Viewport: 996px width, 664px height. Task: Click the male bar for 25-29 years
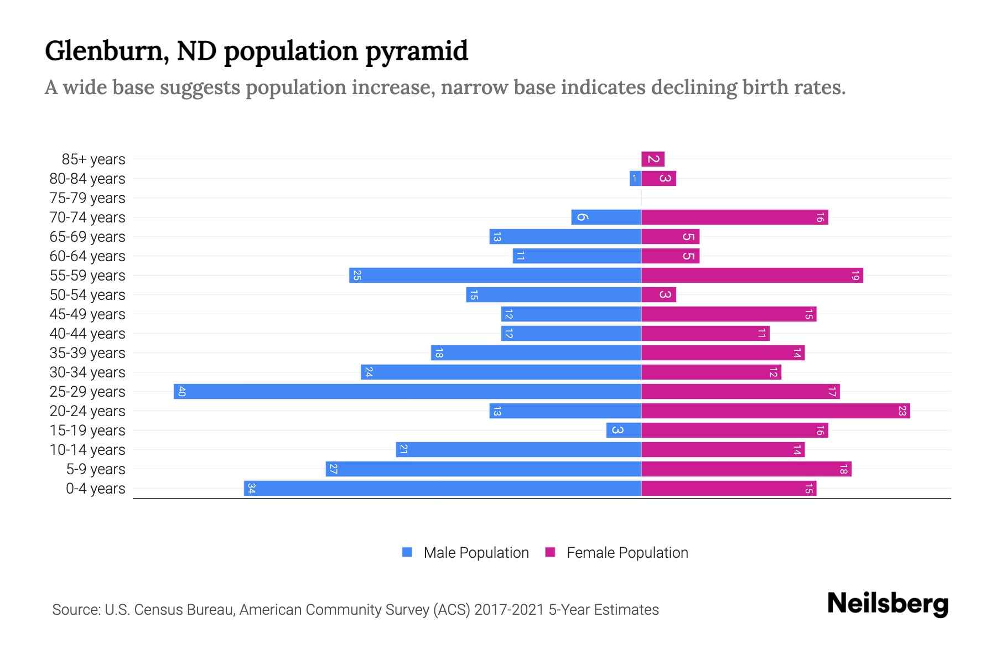[x=407, y=392]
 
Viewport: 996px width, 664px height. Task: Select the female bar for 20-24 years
[x=775, y=411]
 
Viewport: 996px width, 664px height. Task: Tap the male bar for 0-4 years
[x=443, y=489]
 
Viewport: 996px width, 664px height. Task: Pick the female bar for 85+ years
[x=653, y=159]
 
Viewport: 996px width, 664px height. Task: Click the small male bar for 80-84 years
[x=635, y=179]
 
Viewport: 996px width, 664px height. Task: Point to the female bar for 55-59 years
[x=751, y=276]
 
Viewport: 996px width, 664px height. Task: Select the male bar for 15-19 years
[x=624, y=430]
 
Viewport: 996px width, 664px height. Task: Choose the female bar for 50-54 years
[x=658, y=295]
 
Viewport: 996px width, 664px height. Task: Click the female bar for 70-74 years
[x=734, y=217]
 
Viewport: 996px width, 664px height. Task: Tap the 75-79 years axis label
[x=87, y=198]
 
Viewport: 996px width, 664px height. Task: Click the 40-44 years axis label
[x=87, y=334]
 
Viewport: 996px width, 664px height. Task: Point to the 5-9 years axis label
[x=95, y=469]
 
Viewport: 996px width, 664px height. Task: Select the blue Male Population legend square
[x=407, y=552]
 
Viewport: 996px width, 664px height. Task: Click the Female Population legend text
[x=627, y=553]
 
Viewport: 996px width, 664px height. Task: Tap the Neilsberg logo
[x=888, y=604]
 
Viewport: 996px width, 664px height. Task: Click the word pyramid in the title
[x=416, y=51]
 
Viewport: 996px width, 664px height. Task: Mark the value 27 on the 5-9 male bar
[x=333, y=469]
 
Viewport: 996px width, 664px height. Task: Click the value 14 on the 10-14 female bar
[x=797, y=450]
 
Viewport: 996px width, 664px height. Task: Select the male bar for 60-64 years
[x=577, y=256]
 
